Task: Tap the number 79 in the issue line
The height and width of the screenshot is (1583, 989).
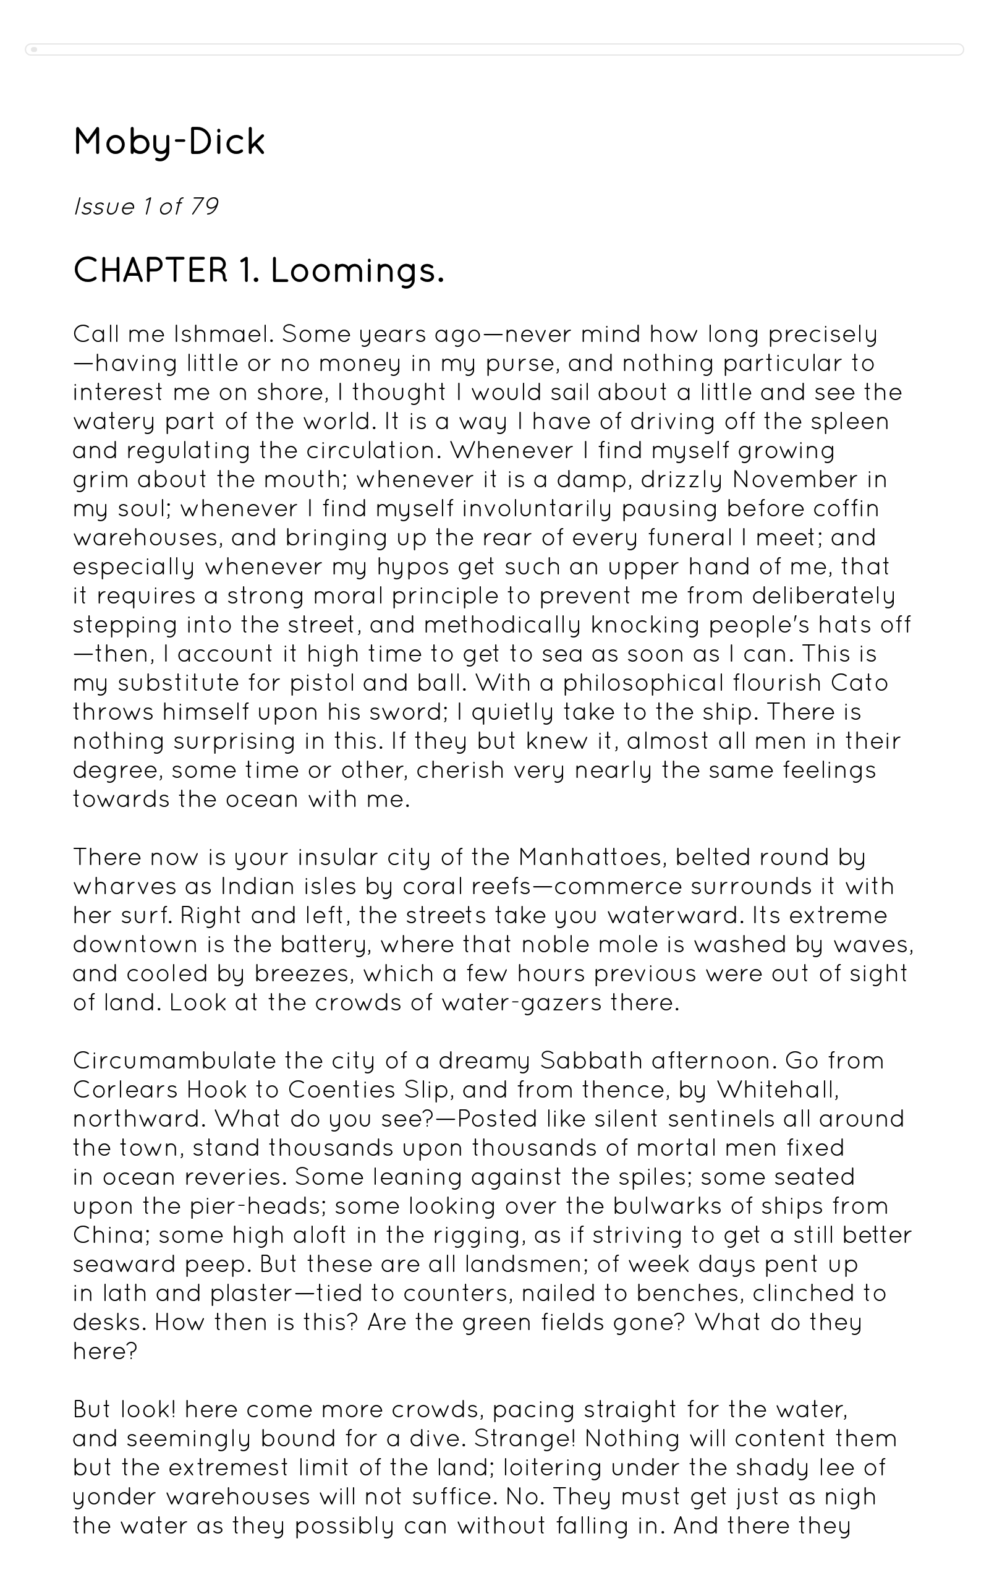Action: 204,207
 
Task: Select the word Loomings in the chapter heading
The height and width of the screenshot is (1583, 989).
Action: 357,271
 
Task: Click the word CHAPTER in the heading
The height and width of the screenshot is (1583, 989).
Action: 150,271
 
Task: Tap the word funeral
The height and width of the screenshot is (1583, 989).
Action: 690,538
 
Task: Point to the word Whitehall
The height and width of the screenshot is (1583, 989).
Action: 776,1090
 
